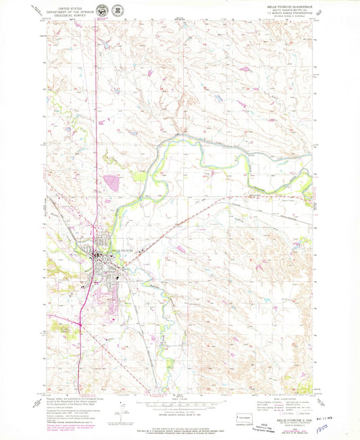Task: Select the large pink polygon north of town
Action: coord(111,182)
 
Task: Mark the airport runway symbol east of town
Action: coord(142,250)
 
